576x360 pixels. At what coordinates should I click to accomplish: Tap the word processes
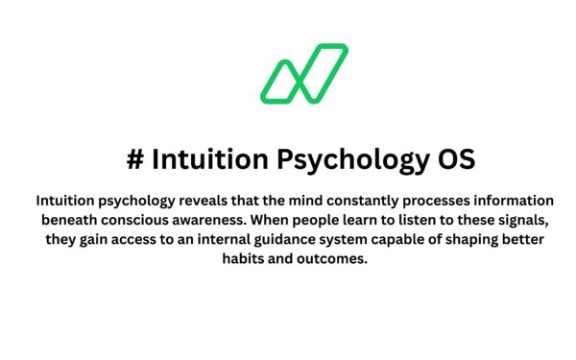440,201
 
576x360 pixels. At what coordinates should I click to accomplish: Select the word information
517,201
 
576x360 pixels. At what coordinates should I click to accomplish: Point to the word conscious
158,222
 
